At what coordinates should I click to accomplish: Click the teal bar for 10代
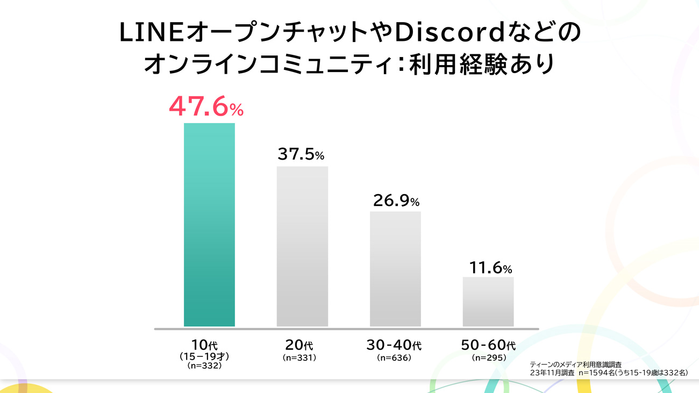209,225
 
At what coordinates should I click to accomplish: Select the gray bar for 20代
302,246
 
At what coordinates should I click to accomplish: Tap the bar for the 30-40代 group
395,269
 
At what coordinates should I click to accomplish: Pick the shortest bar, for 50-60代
488,302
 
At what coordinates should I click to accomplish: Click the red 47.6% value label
206,106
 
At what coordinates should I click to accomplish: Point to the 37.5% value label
301,154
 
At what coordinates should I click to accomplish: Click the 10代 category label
205,345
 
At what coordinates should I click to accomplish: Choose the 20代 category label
299,345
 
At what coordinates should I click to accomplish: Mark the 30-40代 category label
394,345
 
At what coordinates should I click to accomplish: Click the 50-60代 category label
488,345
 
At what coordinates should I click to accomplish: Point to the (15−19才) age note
205,356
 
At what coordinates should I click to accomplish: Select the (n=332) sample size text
205,366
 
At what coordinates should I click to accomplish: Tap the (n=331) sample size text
299,358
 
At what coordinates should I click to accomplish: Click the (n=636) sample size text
394,358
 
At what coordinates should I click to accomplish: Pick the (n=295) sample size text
488,358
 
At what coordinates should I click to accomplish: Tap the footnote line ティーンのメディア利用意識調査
575,365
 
